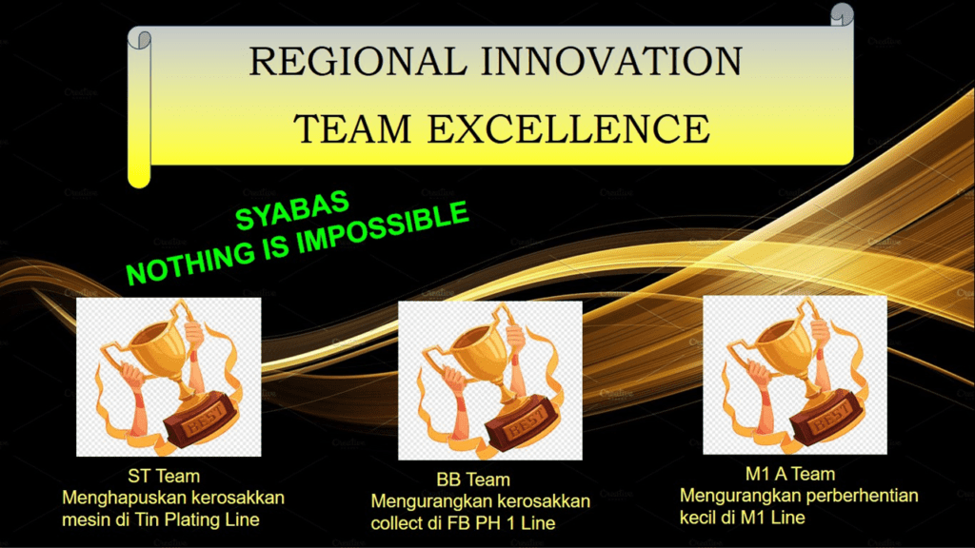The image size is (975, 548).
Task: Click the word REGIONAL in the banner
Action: pos(358,62)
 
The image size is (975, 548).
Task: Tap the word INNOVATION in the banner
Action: pos(612,62)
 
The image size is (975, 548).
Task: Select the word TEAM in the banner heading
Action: pos(352,128)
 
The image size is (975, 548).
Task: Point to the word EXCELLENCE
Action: pos(568,128)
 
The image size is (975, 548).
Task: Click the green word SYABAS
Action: pos(292,210)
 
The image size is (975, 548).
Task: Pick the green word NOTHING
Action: pos(190,263)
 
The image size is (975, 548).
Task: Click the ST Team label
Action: pos(164,476)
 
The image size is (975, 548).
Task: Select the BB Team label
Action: pos(473,479)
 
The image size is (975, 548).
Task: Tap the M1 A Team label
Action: pos(789,474)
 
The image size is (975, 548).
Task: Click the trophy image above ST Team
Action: pos(169,377)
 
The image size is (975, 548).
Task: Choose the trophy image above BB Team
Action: pos(490,381)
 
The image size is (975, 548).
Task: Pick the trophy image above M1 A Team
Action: pos(795,375)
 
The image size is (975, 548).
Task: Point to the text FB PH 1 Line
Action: pos(500,523)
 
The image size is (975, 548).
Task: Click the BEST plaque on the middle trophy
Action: pos(523,425)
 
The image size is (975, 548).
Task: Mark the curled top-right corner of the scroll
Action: pos(842,13)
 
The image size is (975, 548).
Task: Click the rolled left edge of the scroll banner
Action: pos(139,108)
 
